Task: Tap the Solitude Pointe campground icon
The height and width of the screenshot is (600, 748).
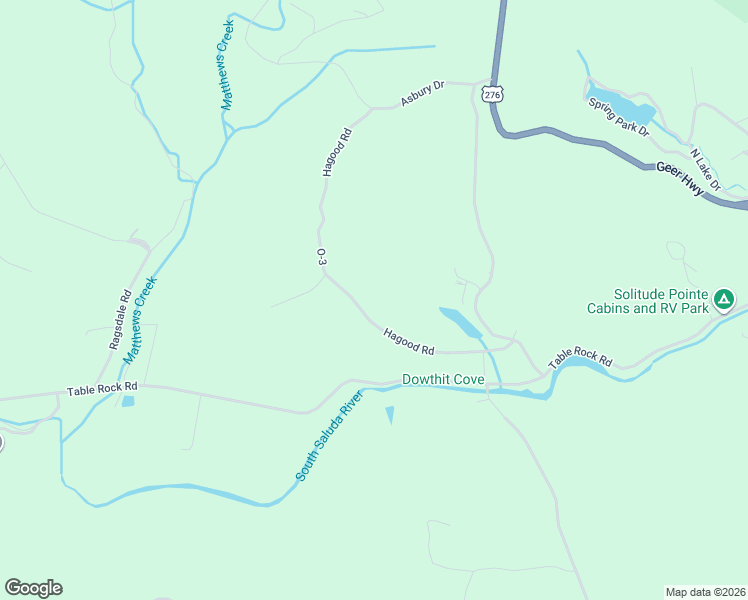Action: point(724,298)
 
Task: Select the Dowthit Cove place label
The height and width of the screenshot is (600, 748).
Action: point(443,380)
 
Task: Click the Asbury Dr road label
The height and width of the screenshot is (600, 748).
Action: point(422,93)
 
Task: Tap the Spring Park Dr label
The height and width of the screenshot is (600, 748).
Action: point(619,116)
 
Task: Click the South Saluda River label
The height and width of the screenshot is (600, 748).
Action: point(328,437)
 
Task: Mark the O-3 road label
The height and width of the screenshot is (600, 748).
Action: point(321,257)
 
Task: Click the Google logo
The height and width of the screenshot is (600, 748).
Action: point(33,588)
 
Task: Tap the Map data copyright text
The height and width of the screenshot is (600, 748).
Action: point(706,591)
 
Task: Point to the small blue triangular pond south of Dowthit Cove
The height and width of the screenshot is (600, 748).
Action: point(389,414)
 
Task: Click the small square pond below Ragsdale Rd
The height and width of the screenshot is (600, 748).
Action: point(128,401)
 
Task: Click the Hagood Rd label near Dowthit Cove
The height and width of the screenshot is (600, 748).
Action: point(408,342)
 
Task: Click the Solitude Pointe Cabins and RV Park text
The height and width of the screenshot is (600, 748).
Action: point(647,303)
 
